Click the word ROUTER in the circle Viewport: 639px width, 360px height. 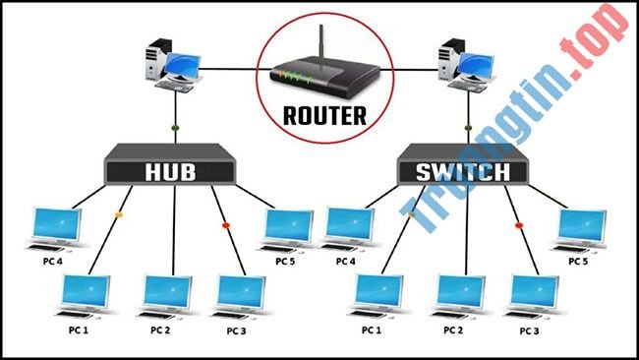pyautogui.click(x=323, y=115)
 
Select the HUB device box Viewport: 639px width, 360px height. pyautogui.click(x=171, y=170)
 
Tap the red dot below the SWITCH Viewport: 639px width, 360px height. pyautogui.click(x=518, y=225)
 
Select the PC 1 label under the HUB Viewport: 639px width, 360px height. pyautogui.click(x=78, y=330)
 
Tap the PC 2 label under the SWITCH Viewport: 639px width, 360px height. pyautogui.click(x=453, y=330)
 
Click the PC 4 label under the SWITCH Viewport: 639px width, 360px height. pyautogui.click(x=345, y=263)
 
